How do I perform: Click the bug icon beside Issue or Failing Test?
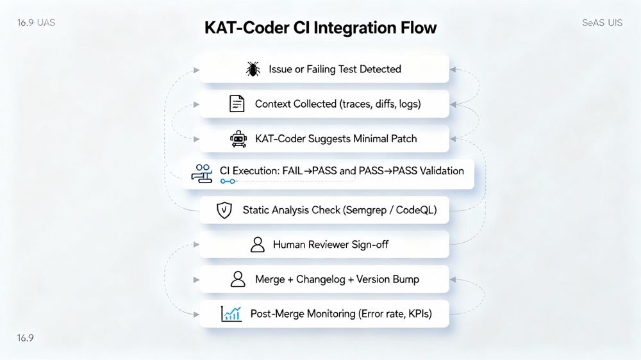tap(253, 69)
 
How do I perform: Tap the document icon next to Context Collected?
tap(237, 104)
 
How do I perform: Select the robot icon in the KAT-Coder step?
tap(238, 139)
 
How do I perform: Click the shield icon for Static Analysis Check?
tap(224, 210)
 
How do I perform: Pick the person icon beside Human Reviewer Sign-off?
tap(258, 245)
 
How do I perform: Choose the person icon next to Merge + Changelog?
tap(238, 279)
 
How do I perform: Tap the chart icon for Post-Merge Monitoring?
tap(231, 314)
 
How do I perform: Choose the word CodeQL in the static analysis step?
tap(416, 210)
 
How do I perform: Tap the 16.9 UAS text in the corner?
tap(36, 22)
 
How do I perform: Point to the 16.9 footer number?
tap(26, 338)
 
